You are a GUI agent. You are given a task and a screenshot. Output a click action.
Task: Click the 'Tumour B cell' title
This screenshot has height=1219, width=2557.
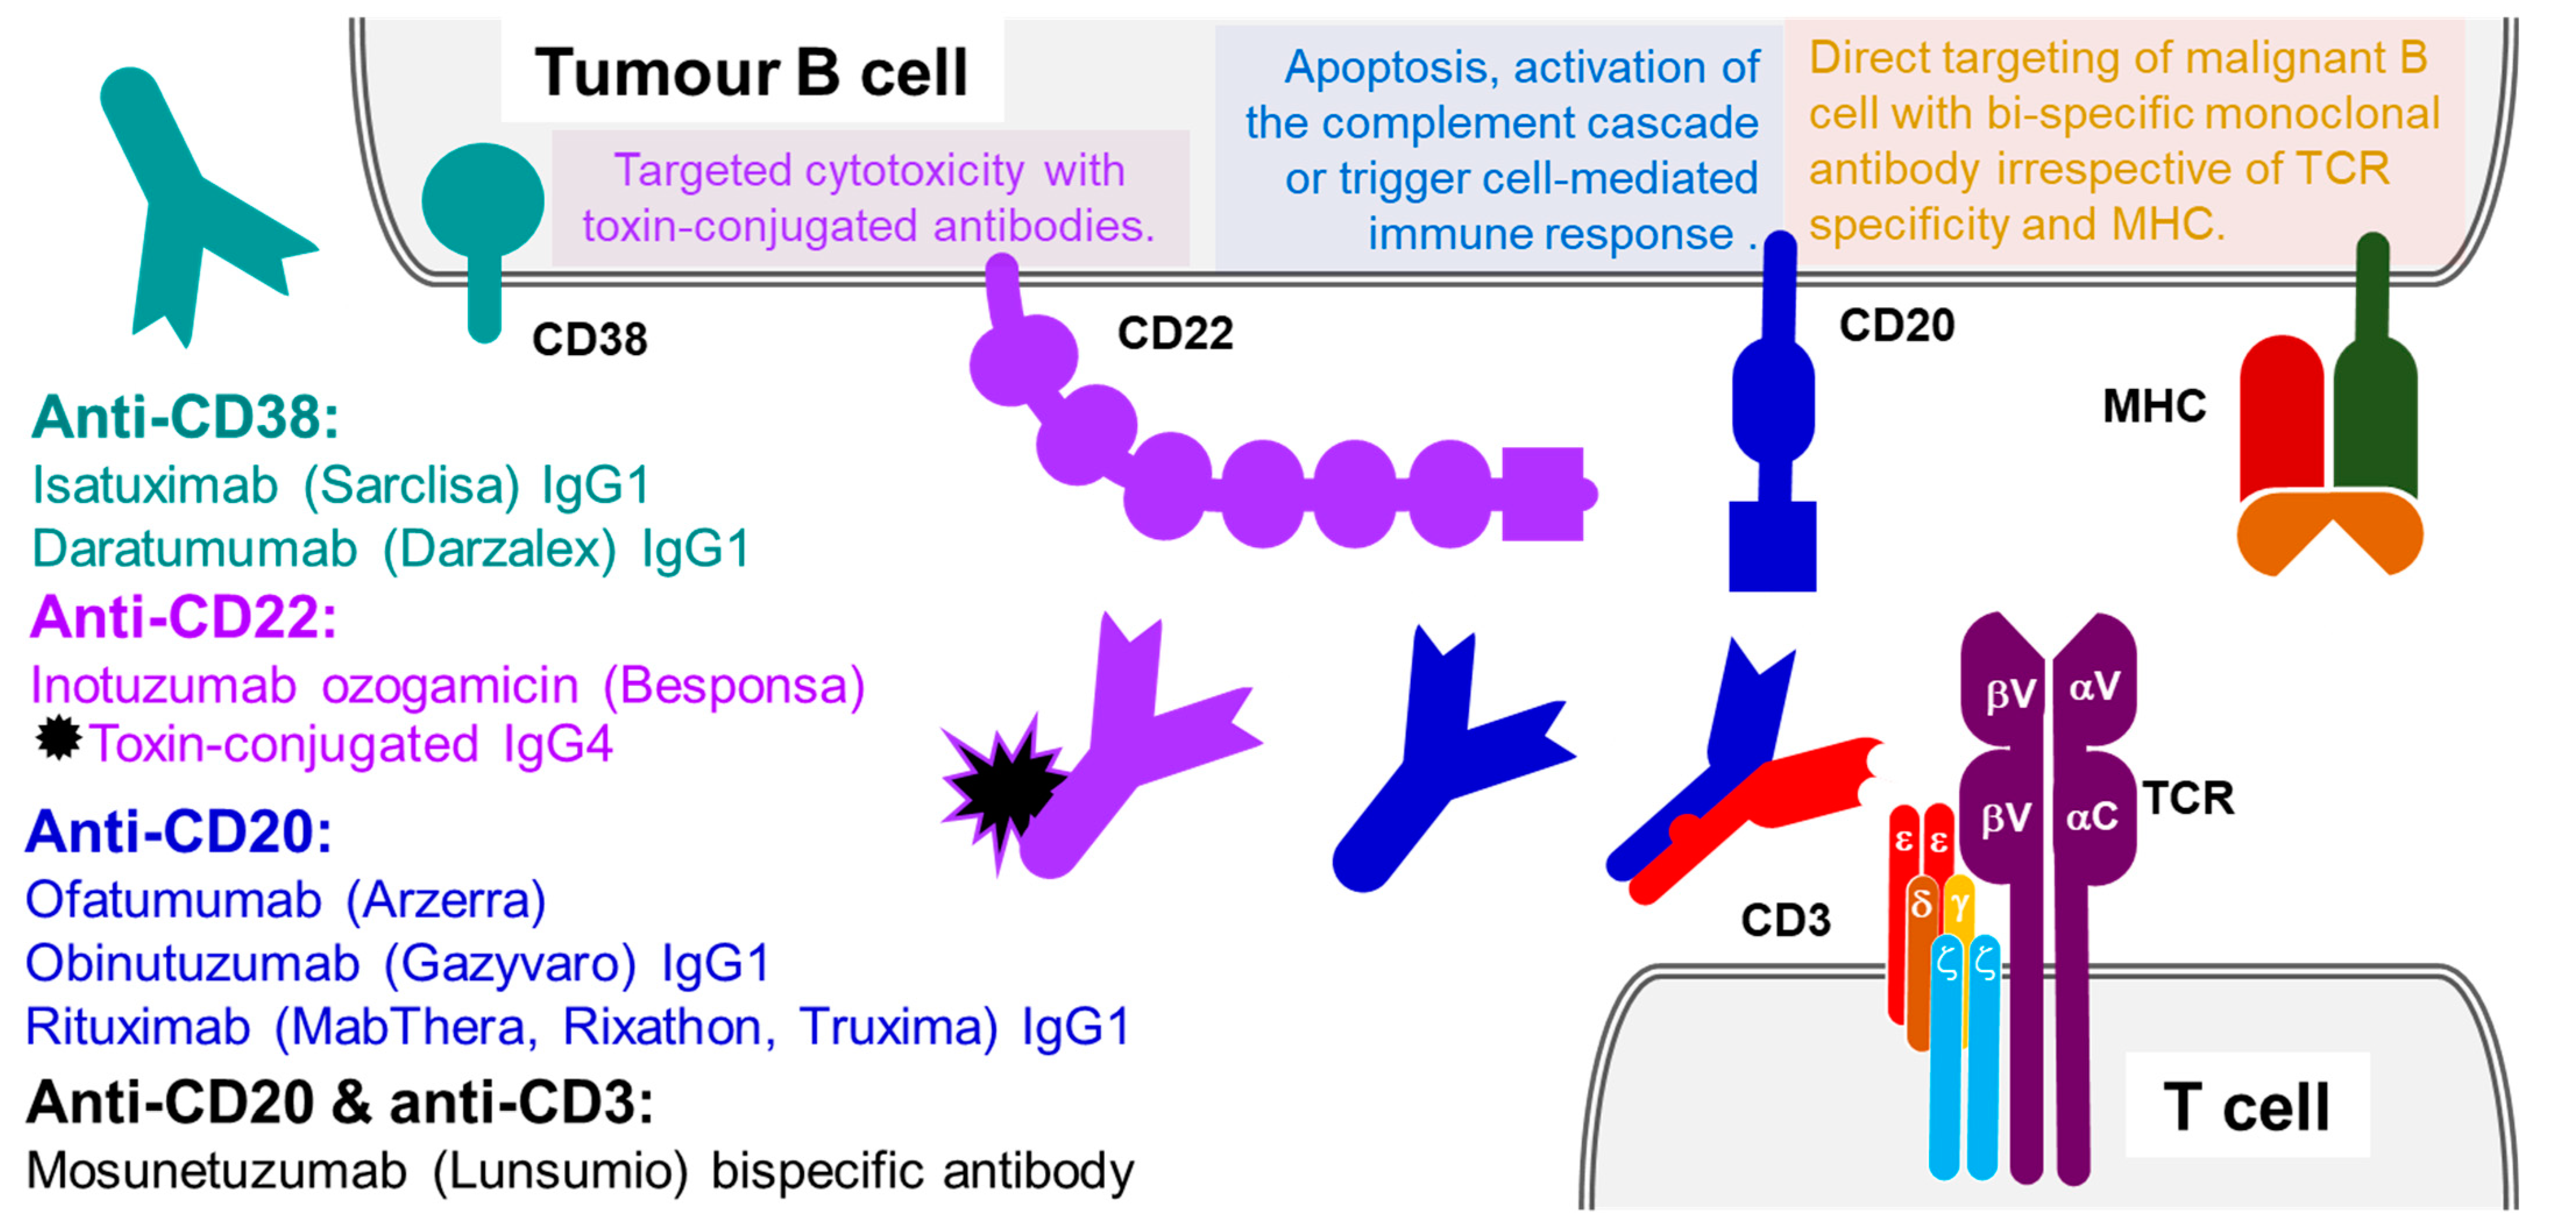pyautogui.click(x=751, y=72)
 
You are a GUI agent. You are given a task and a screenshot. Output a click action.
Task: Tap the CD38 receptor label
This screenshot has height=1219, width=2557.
pyautogui.click(x=590, y=339)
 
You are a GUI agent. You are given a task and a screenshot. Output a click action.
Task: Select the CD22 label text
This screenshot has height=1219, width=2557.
pyautogui.click(x=1175, y=332)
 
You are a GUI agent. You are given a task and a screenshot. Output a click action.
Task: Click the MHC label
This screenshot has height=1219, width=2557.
pyautogui.click(x=2154, y=406)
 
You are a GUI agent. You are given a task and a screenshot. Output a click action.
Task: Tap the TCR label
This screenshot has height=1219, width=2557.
pyautogui.click(x=2189, y=798)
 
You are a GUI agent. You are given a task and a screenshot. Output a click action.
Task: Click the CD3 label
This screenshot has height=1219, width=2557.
pyautogui.click(x=1786, y=920)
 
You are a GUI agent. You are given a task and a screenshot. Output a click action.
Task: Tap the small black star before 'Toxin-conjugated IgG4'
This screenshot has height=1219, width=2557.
pyautogui.click(x=59, y=739)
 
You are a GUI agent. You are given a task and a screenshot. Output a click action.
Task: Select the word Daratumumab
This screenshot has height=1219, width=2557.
pyautogui.click(x=194, y=549)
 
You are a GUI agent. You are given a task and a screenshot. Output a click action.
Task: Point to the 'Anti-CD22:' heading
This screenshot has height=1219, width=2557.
pyautogui.click(x=183, y=618)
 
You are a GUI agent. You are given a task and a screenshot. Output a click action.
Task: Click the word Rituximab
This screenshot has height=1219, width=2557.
pyautogui.click(x=137, y=1026)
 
